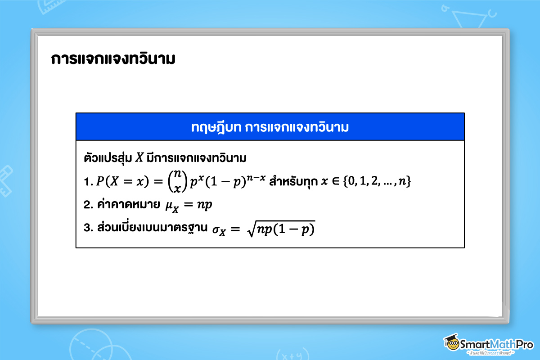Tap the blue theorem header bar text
click(270, 127)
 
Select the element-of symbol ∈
click(335, 182)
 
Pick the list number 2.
click(88, 205)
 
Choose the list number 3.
click(88, 228)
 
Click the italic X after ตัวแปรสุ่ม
click(139, 159)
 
